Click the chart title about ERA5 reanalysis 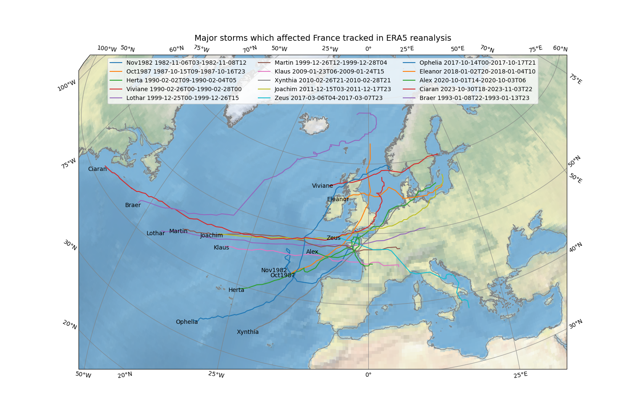tap(323, 38)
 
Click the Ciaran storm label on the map tap(97, 169)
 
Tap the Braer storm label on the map tap(133, 205)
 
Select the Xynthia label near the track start tap(248, 332)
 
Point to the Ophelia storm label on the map tap(186, 322)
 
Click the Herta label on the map tap(236, 290)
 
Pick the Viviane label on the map tap(322, 186)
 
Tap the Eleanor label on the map tap(338, 199)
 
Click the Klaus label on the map tap(221, 247)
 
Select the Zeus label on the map tap(333, 238)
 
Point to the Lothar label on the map tap(155, 233)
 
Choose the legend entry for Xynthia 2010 tap(332, 80)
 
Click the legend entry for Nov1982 tap(186, 63)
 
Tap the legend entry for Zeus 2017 tap(328, 98)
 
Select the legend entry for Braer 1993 tap(474, 98)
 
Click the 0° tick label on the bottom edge tap(368, 375)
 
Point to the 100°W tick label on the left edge tap(67, 85)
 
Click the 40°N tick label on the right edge tap(575, 247)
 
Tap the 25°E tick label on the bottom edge tap(520, 375)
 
